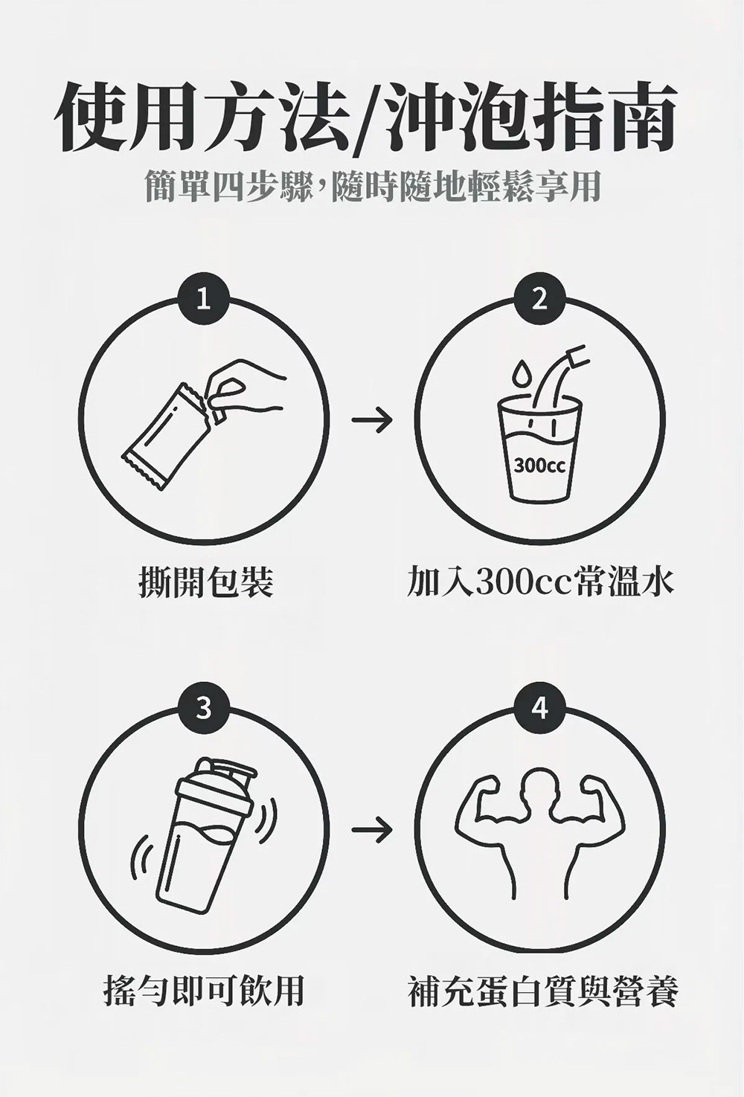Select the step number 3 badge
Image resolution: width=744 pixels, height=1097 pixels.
click(x=204, y=709)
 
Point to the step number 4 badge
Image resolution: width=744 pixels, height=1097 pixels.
click(x=539, y=709)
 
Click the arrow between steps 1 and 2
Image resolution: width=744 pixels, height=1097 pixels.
click(x=372, y=419)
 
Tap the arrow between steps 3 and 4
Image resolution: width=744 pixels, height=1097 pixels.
click(x=372, y=829)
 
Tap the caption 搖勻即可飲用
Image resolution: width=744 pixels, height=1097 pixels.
click(x=204, y=991)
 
